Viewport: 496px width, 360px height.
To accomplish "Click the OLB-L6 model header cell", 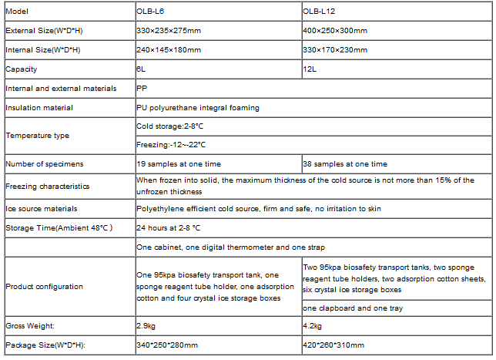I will (152, 11).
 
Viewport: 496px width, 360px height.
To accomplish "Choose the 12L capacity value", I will (310, 69).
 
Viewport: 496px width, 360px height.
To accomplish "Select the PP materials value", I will (142, 89).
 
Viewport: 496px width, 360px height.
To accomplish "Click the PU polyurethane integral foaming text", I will (198, 108).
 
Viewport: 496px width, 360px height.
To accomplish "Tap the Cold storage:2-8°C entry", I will (170, 126).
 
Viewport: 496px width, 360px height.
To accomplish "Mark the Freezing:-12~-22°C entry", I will (171, 144).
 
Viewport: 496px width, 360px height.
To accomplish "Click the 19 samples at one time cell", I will (178, 163).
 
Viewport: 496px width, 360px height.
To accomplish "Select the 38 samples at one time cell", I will (345, 163).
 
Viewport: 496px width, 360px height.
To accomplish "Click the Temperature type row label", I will (37, 135).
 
